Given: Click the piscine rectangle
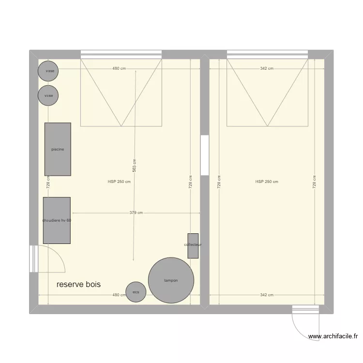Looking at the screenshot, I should [x=58, y=149].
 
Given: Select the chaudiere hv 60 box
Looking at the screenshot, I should [x=57, y=220].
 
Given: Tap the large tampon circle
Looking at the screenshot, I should [x=171, y=281].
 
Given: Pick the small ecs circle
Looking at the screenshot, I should [x=136, y=292].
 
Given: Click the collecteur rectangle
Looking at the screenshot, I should [x=193, y=245].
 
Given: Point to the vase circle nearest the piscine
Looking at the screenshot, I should [x=48, y=95].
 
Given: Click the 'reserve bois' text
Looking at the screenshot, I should [x=78, y=285].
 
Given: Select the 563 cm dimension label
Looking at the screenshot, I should [x=135, y=165].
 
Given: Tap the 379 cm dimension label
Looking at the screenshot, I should [x=136, y=212].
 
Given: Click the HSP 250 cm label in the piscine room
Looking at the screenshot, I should [x=119, y=182].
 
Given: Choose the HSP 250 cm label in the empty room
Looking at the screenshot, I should [x=267, y=182].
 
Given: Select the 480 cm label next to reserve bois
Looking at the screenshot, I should [x=119, y=295].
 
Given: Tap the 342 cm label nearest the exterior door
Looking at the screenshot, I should [x=267, y=295].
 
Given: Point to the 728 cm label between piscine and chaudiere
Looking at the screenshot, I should [x=48, y=182].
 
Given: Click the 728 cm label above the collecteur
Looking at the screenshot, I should [x=191, y=182].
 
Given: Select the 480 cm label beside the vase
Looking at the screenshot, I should [x=119, y=69].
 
